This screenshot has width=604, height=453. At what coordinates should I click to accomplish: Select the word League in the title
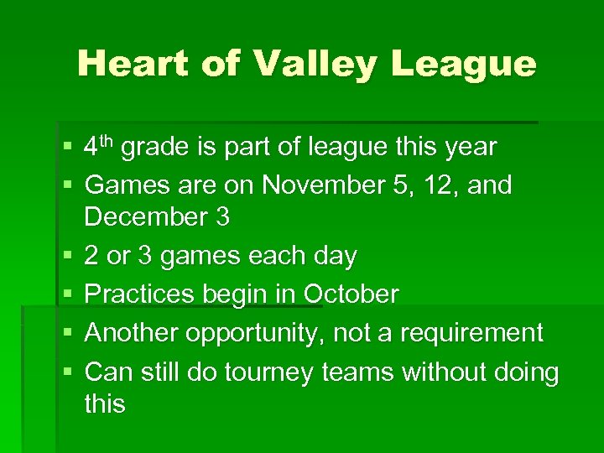[469, 65]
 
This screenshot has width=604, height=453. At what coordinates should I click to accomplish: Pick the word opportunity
[255, 333]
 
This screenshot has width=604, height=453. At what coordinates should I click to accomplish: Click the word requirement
[472, 333]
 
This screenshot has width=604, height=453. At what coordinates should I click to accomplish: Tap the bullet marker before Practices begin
[68, 295]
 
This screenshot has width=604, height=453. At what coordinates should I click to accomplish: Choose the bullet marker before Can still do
[68, 372]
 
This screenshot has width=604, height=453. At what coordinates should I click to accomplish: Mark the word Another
[132, 333]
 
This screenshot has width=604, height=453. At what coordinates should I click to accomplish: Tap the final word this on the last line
[105, 404]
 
